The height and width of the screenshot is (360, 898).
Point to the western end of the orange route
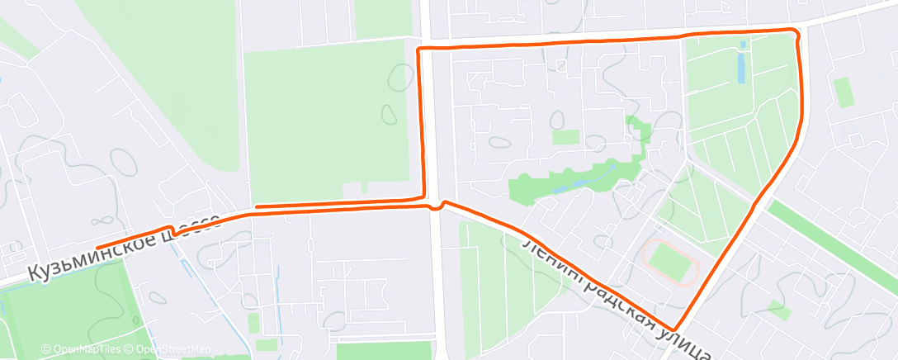97,247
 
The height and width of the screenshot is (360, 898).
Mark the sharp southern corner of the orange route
676,329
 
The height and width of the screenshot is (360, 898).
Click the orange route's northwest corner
419,50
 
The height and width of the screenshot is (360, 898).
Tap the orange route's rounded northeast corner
796,32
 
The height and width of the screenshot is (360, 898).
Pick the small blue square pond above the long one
744,44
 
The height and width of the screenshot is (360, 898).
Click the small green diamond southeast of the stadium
777,310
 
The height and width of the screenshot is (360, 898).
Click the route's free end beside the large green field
257,206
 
